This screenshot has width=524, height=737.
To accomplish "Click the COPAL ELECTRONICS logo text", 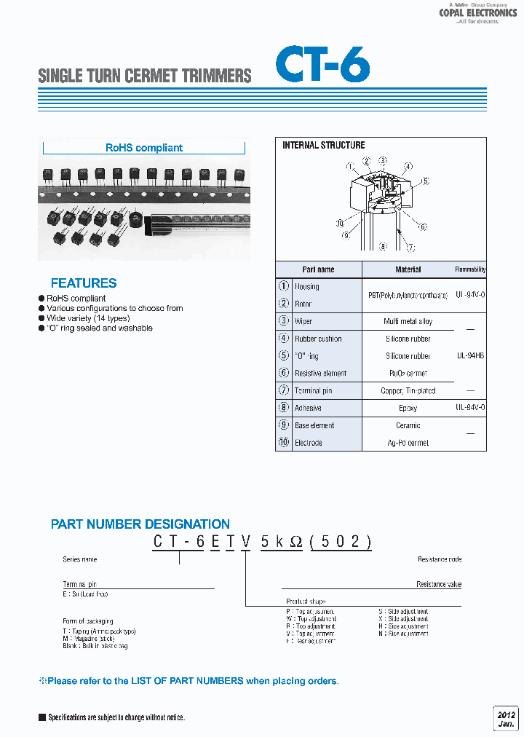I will pyautogui.click(x=477, y=13).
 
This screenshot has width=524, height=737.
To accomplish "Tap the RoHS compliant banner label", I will pyautogui.click(x=144, y=148).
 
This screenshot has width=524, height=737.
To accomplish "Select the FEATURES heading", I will pyautogui.click(x=84, y=283).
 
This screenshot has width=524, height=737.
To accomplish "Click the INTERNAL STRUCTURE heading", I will pyautogui.click(x=323, y=146).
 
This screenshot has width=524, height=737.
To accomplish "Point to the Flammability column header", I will pyautogui.click(x=470, y=269).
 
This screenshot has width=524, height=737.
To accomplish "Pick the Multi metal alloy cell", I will pyautogui.click(x=408, y=321).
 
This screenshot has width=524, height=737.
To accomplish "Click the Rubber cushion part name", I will pyautogui.click(x=318, y=339).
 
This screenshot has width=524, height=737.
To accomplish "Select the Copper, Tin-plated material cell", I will pyautogui.click(x=408, y=391).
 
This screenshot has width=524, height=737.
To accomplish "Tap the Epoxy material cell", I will pyautogui.click(x=408, y=409).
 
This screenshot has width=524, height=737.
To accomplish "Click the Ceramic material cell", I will pyautogui.click(x=408, y=426).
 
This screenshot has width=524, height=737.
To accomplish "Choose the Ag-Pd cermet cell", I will pyautogui.click(x=408, y=443).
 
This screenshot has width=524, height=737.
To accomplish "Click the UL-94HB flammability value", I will pyautogui.click(x=470, y=356).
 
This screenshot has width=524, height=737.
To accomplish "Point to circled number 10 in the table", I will pyautogui.click(x=284, y=443).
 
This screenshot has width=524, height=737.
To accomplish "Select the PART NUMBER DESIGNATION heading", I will pyautogui.click(x=140, y=524).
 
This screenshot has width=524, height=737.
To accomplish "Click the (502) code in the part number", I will pyautogui.click(x=341, y=543).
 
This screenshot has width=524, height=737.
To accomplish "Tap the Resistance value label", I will pyautogui.click(x=439, y=585).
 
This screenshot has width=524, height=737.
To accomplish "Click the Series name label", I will pyautogui.click(x=80, y=559).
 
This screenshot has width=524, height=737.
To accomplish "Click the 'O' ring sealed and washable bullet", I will pyautogui.click(x=99, y=328).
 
